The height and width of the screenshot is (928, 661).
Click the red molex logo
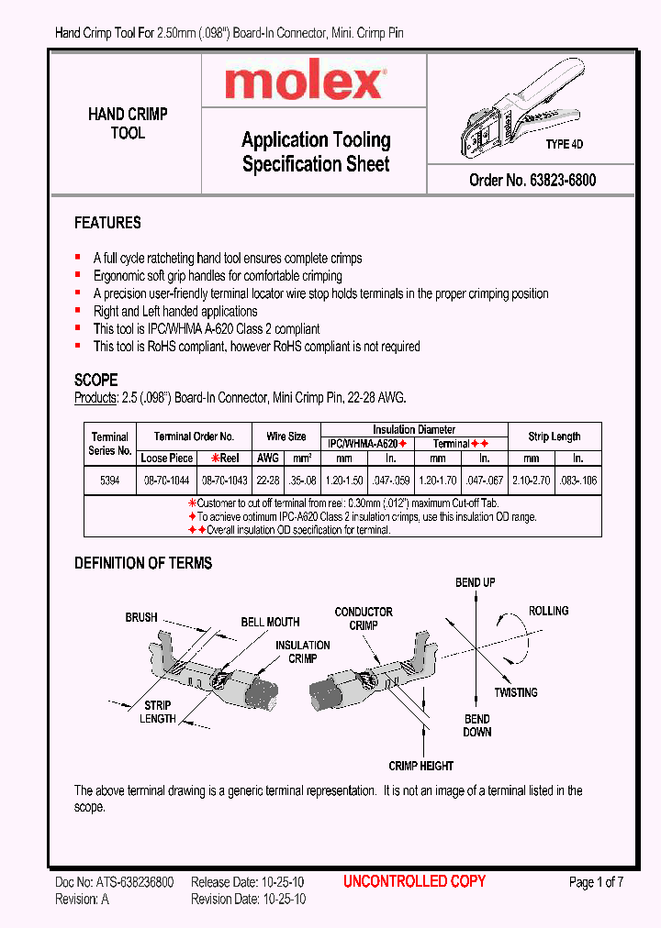coord(304,83)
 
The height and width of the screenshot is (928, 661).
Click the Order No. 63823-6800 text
coord(532,181)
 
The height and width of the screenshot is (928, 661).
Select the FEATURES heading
coord(107,223)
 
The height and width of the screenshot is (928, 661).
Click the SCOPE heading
coord(95,380)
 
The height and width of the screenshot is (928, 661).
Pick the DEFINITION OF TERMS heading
coord(143,563)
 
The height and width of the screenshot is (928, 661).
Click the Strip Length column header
coord(555,436)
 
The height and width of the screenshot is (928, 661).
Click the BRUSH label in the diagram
coord(141,618)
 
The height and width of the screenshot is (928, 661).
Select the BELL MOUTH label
coord(270,623)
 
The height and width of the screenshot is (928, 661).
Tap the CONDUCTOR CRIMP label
coord(364,618)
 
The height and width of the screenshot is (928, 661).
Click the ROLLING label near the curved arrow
coord(548,611)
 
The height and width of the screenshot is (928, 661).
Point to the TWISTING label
coord(515,692)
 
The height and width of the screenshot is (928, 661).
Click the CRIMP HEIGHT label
coord(420,766)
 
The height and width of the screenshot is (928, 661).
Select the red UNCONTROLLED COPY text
coord(414,881)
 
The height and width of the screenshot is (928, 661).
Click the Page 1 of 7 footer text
coord(596,882)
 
